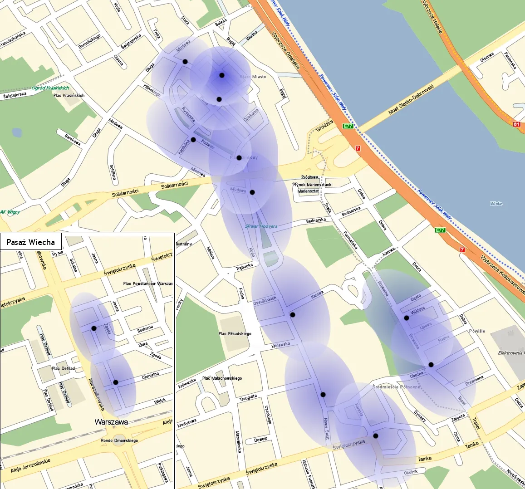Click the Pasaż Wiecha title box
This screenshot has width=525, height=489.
pos(31,242)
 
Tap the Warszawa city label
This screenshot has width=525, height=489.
pos(111,422)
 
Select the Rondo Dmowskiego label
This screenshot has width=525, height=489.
pos(119,440)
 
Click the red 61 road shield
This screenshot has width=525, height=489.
pos(516,124)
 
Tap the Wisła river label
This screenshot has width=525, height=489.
pos(496,204)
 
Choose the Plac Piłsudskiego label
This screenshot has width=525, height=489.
pos(235,334)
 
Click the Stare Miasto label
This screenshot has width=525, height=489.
pos(253,77)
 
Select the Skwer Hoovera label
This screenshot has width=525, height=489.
pos(261,226)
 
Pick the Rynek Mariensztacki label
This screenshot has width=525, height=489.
pos(313,185)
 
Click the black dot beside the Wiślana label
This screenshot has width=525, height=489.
pos(407,318)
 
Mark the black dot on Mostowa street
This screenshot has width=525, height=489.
pos(185,61)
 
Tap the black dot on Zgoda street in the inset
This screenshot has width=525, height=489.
pos(93,328)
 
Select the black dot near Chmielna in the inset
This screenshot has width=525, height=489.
pos(115,382)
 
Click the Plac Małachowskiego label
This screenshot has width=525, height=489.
pos(222,378)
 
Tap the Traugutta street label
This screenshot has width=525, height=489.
pos(248,398)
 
